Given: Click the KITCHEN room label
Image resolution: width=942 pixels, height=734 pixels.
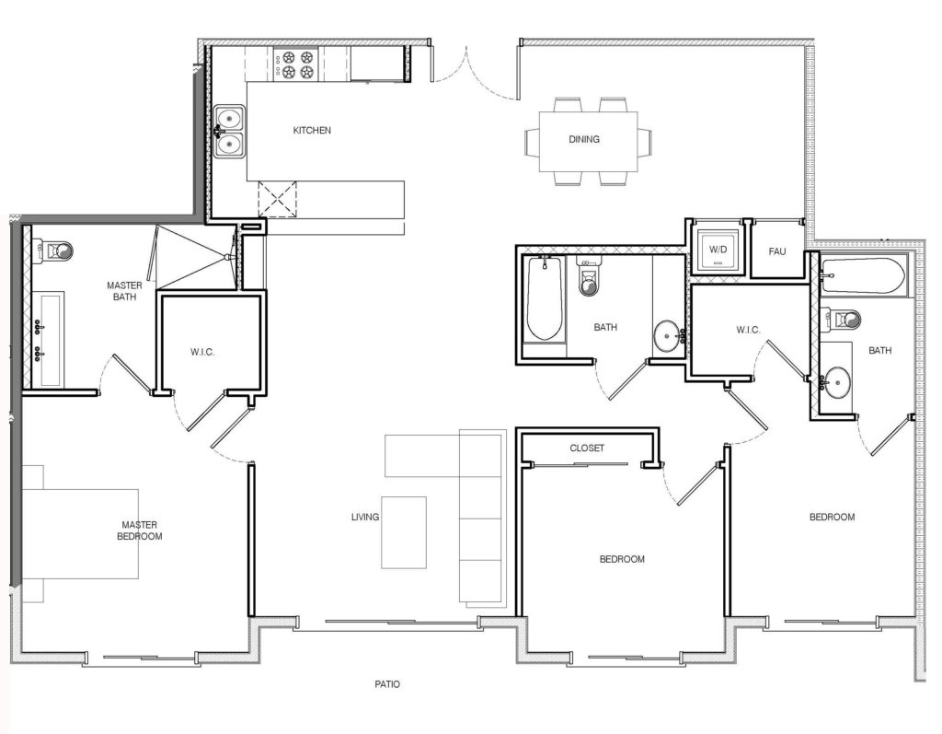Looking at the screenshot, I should (x=312, y=131).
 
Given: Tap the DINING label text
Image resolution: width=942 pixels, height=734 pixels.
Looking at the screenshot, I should (x=584, y=140).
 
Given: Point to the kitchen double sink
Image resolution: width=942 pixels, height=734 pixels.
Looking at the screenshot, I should (x=230, y=130).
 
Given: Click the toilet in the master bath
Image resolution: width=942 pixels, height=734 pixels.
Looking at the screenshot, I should (x=57, y=250).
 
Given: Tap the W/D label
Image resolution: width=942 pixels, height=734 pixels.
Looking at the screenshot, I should (x=716, y=250).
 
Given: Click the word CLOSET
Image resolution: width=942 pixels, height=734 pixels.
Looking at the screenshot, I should (x=587, y=449).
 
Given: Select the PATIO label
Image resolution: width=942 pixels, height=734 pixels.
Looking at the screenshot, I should (x=387, y=685).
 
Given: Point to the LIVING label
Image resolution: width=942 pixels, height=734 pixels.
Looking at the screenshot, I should (x=365, y=518).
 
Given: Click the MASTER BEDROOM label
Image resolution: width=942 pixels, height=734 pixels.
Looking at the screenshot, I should (x=141, y=530).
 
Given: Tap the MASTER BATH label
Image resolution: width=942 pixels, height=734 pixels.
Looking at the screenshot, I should (x=123, y=291).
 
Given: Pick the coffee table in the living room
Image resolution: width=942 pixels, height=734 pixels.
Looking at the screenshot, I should (x=405, y=532).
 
